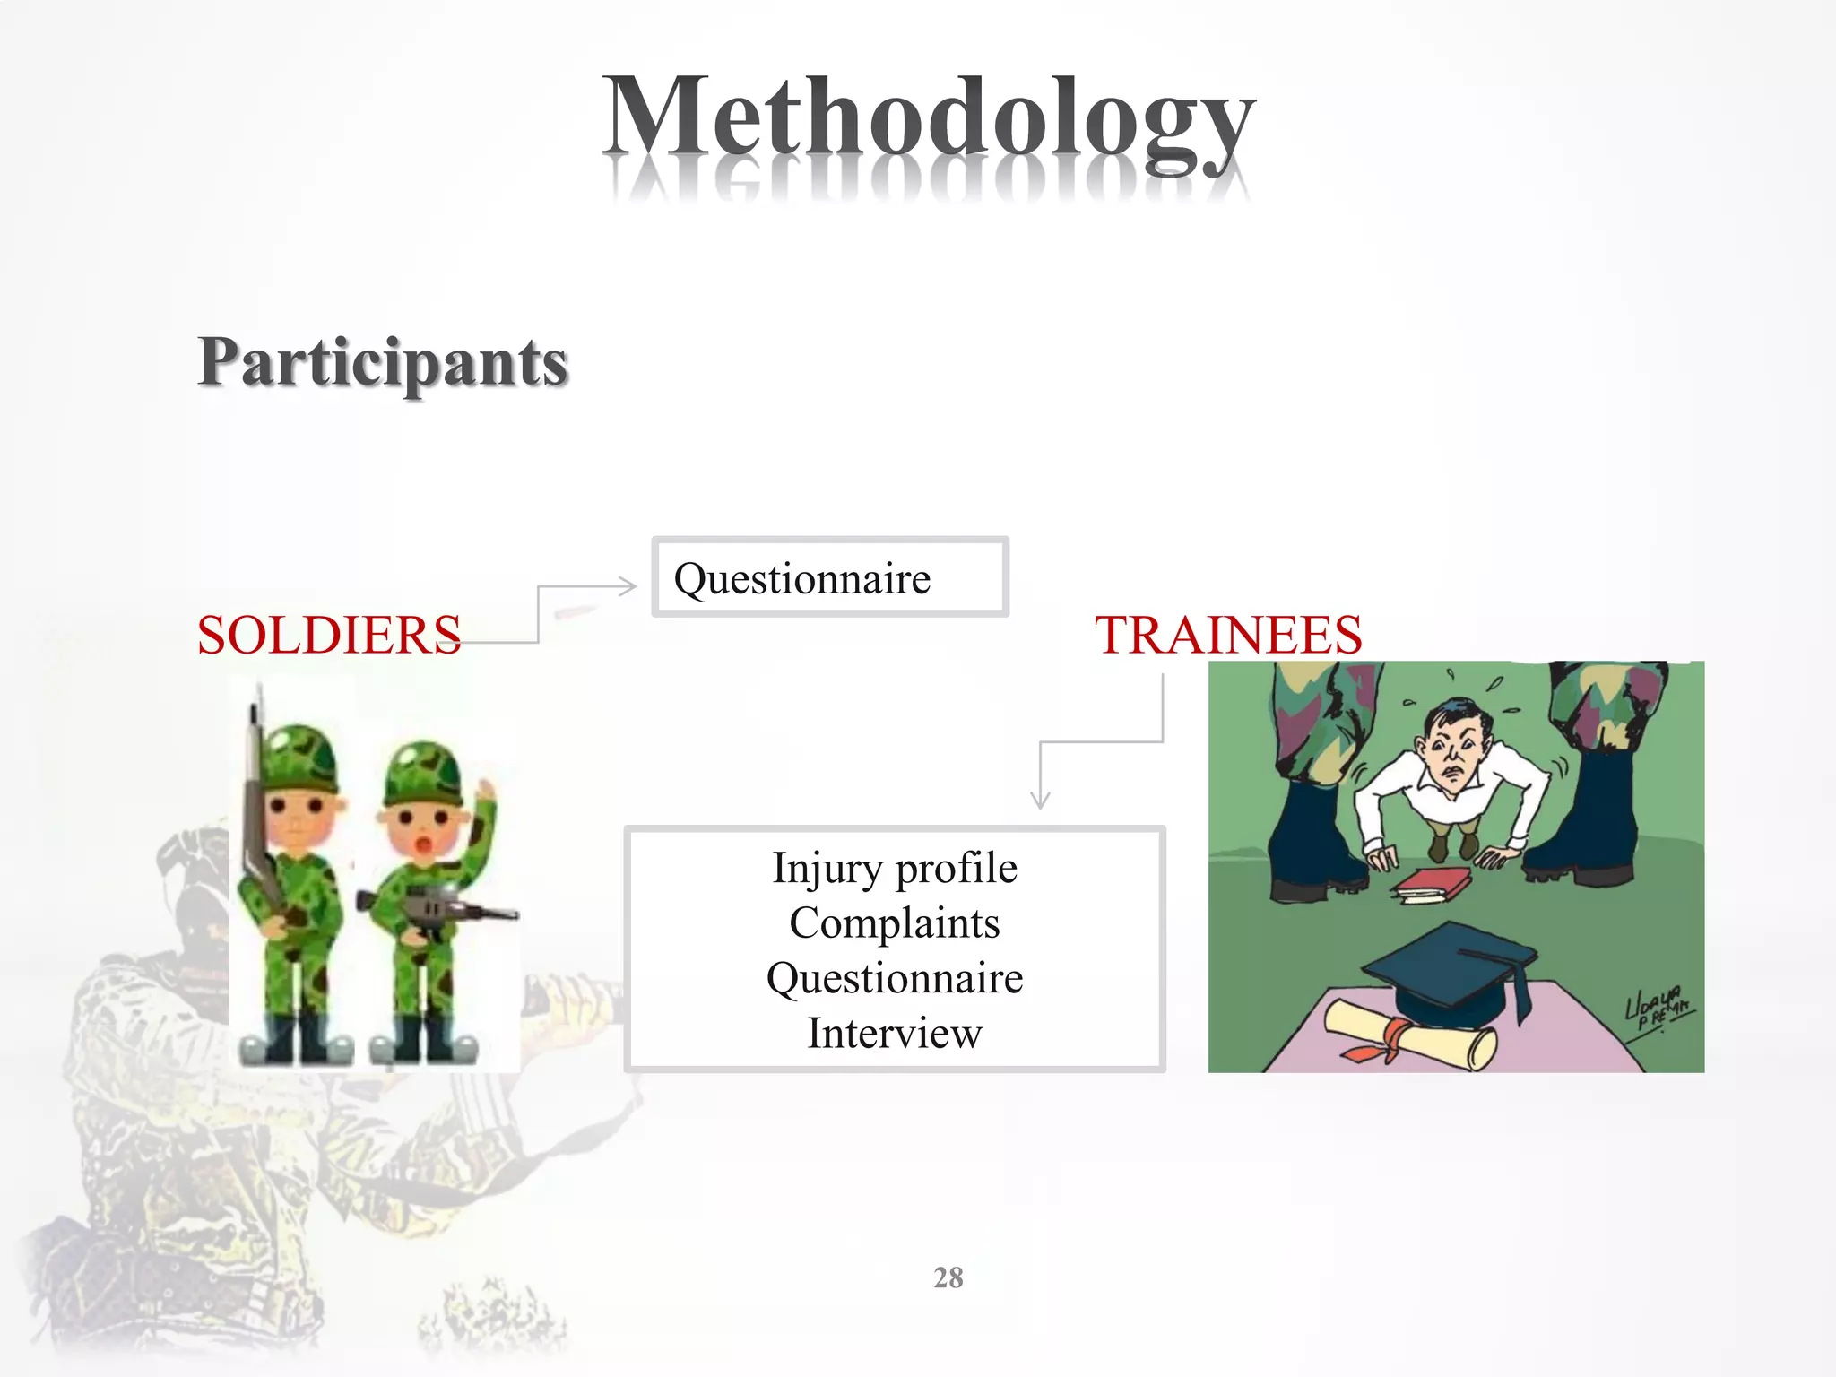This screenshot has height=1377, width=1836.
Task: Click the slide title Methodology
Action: [928, 121]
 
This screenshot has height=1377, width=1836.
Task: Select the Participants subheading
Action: [383, 363]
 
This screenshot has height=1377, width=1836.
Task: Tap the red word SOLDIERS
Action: [329, 636]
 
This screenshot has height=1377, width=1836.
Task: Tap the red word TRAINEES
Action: [1228, 636]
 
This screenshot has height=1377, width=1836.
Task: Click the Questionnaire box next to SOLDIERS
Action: [829, 578]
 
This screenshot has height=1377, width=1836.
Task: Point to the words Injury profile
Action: [895, 868]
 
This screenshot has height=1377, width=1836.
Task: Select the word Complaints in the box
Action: [895, 923]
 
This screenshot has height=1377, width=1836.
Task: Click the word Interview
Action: [895, 1033]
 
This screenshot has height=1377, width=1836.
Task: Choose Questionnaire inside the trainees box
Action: [895, 978]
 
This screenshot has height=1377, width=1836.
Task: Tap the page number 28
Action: [948, 1277]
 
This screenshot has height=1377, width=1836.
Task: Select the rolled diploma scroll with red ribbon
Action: [1407, 1035]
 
